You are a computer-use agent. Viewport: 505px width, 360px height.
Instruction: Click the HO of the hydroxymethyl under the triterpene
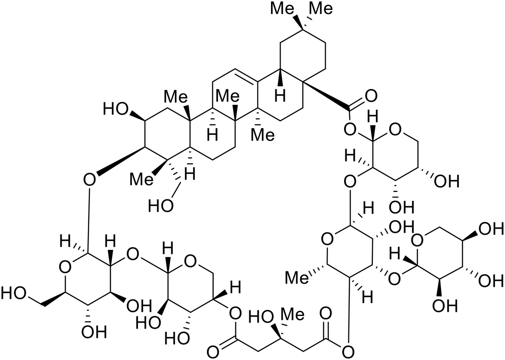159,206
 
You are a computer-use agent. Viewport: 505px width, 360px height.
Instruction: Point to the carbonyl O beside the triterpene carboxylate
371,94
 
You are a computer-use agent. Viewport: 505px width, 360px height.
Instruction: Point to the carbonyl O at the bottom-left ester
213,350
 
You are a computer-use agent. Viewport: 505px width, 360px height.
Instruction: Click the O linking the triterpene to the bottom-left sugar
89,179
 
